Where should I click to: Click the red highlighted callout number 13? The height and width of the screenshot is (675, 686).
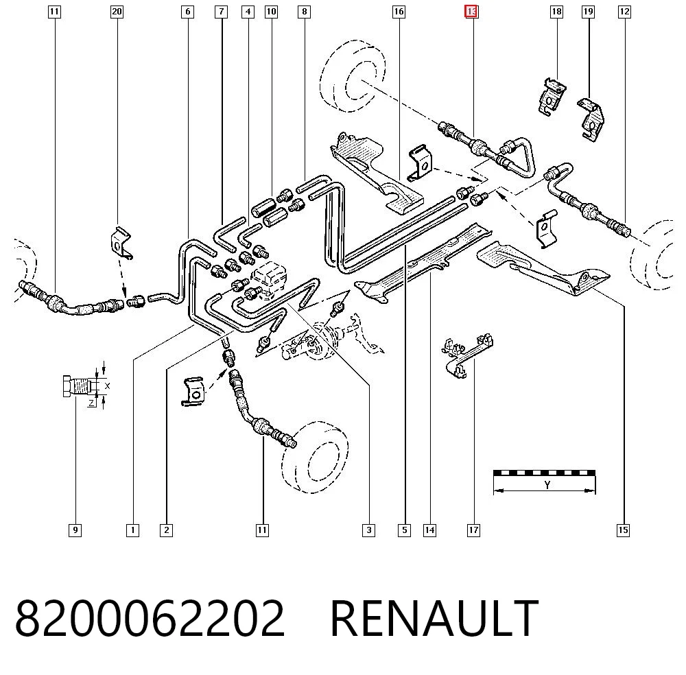click(471, 12)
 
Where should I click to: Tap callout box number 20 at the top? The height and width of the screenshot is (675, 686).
click(117, 12)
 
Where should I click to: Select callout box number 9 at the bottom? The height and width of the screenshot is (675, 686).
click(75, 530)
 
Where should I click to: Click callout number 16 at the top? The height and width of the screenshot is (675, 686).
click(399, 12)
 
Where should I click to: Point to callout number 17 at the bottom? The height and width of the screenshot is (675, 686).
click(473, 530)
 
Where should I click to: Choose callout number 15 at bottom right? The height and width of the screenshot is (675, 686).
click(623, 530)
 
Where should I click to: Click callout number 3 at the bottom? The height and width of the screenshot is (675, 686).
click(369, 530)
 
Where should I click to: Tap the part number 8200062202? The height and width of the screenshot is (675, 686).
click(150, 617)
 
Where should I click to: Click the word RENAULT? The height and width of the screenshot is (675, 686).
click(434, 617)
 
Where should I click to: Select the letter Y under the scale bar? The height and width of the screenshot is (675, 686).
click(547, 485)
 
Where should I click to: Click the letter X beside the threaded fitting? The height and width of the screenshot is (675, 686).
click(107, 386)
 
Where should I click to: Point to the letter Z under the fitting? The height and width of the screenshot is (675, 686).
click(91, 403)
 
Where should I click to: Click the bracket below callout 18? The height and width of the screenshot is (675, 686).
click(551, 97)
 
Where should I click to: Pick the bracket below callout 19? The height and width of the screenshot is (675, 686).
click(591, 119)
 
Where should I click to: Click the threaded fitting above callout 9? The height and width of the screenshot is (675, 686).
click(80, 386)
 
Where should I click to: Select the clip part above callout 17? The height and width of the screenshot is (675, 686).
click(466, 356)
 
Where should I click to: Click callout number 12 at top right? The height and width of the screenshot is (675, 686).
click(624, 12)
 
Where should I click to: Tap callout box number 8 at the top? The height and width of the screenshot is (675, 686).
click(304, 12)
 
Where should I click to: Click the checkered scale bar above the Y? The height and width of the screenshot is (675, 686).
click(544, 473)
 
